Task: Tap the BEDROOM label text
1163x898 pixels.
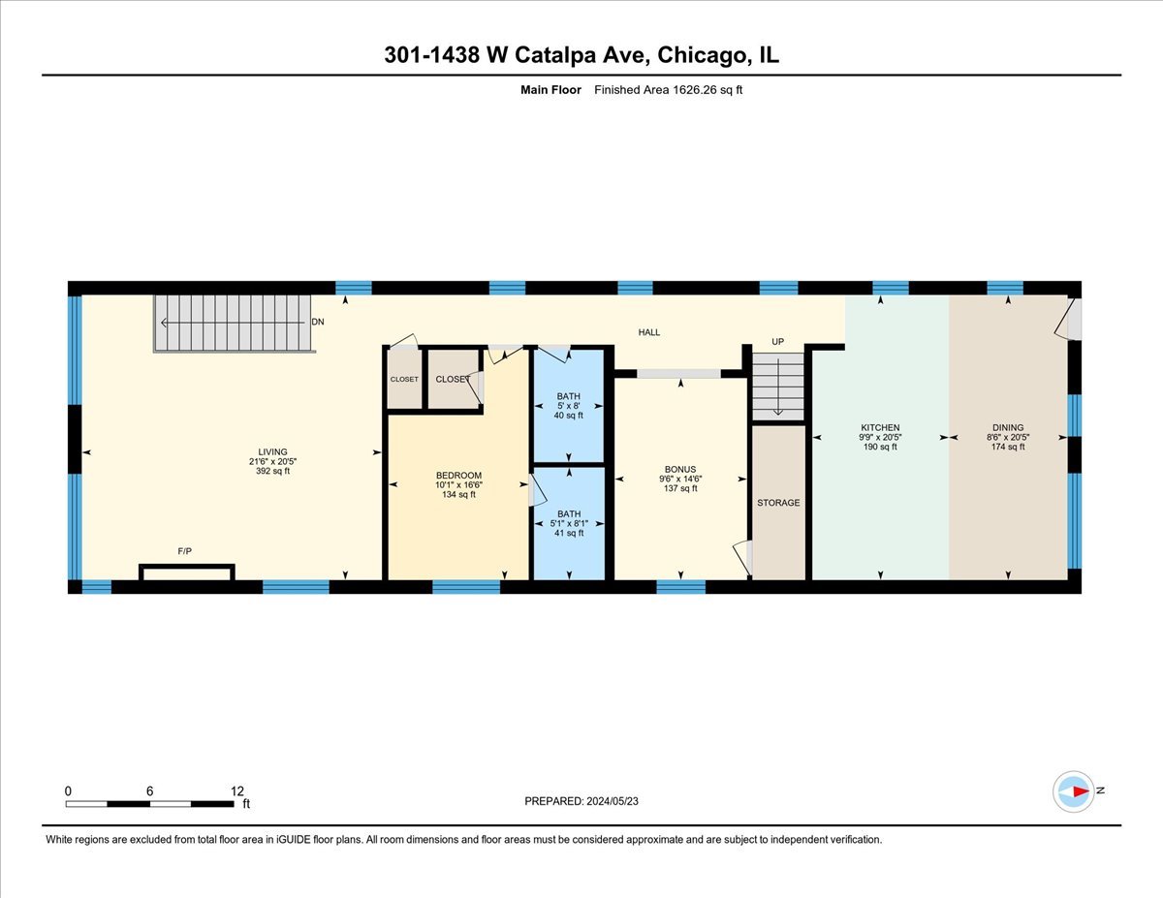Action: pyautogui.click(x=458, y=475)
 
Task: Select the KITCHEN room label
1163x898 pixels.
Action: pyautogui.click(x=880, y=427)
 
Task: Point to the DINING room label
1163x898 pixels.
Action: pyautogui.click(x=1007, y=427)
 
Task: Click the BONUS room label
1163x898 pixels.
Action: pyautogui.click(x=680, y=469)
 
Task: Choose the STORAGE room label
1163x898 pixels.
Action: pyautogui.click(x=778, y=503)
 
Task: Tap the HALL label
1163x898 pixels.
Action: pyautogui.click(x=648, y=332)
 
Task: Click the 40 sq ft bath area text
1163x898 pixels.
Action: pyautogui.click(x=569, y=416)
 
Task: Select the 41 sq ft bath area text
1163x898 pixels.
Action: pyautogui.click(x=569, y=533)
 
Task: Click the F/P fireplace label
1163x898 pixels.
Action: pyautogui.click(x=184, y=551)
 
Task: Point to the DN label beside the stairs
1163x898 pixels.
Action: pyautogui.click(x=318, y=322)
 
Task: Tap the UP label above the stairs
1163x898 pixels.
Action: pyautogui.click(x=777, y=342)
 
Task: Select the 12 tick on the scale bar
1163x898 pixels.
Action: pyautogui.click(x=237, y=790)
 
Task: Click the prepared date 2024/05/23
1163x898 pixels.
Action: pyautogui.click(x=614, y=801)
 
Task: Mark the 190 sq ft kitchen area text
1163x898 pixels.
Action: pyautogui.click(x=880, y=447)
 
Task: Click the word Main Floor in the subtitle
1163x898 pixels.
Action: pyautogui.click(x=550, y=90)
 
